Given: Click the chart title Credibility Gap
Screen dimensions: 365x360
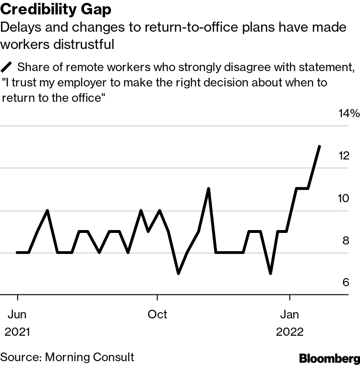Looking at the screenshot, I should pos(56,10).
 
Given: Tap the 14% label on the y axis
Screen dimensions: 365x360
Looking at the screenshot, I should pos(348,114).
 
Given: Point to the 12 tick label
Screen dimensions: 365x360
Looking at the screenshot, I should pos(343,156).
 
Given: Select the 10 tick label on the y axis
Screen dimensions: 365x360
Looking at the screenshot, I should pos(343,198).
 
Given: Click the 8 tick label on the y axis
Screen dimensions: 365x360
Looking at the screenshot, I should pos(346,241).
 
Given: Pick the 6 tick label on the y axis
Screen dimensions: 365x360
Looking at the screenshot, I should pos(346,283).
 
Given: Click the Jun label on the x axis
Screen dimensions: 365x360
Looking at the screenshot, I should pos(17,315).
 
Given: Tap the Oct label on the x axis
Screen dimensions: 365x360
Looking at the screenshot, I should pos(157,315).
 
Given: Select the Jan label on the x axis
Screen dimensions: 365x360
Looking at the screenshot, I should pos(289,315).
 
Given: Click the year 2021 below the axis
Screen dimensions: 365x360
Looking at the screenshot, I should pos(17,332).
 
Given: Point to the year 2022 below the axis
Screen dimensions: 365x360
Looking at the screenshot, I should pos(289,332).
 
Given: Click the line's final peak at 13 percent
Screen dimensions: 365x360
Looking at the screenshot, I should pos(320,146).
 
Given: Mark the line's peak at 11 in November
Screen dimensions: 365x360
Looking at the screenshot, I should pos(208,188).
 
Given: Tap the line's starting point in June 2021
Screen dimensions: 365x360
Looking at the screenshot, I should pos(17,252).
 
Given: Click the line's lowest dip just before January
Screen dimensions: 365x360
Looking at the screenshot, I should pos(271,274).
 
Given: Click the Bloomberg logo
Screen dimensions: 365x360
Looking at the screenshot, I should pos(329,358).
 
